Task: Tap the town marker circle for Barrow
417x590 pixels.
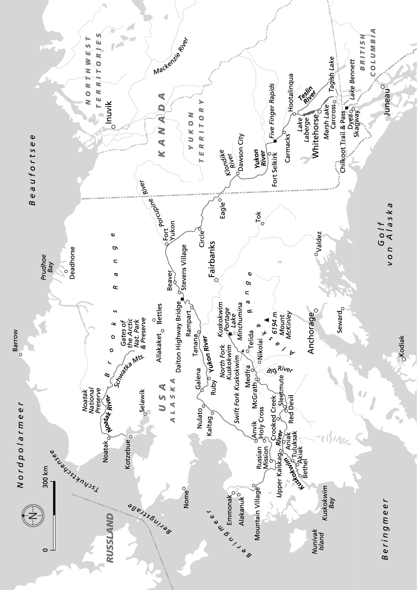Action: click(21, 354)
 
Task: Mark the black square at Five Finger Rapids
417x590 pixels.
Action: click(275, 141)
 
